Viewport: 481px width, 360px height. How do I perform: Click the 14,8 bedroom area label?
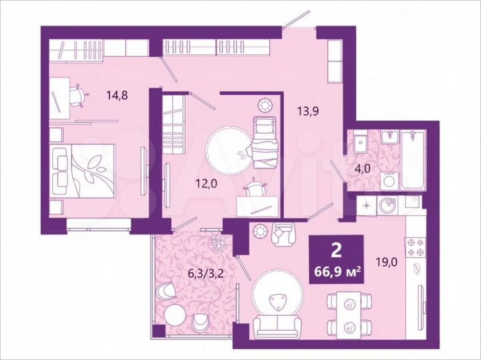click(117, 95)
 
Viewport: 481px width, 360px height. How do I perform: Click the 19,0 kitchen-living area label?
click(385, 262)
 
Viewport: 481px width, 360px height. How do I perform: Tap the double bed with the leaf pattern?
click(84, 170)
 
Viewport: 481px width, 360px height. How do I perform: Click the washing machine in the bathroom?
click(389, 180)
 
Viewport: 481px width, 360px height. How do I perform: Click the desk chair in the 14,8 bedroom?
click(79, 96)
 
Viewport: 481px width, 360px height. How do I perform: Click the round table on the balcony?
click(176, 315)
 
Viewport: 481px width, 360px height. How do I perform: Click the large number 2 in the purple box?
click(337, 250)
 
